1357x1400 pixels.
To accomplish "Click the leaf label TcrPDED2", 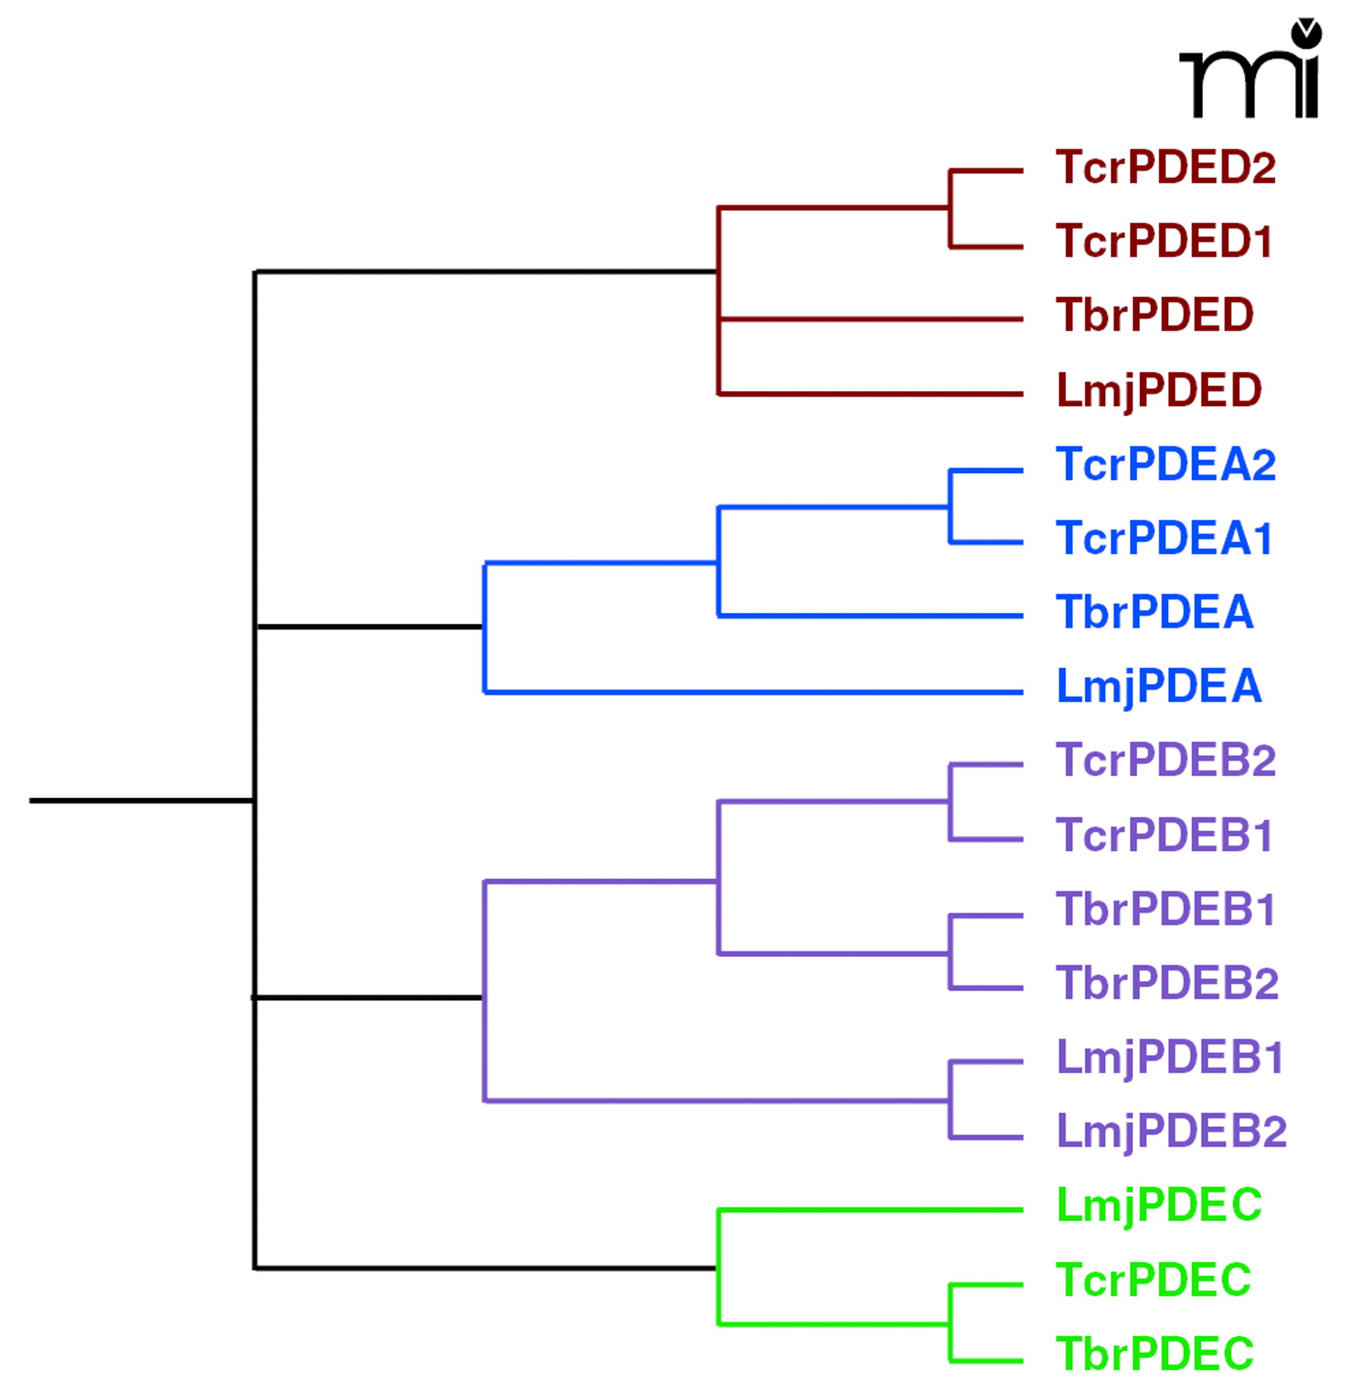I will tap(1165, 167).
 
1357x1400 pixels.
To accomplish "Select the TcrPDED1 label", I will tap(1163, 241).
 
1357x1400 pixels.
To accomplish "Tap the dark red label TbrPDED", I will tap(1154, 315).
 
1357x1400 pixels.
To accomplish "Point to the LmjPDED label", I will tap(1158, 390).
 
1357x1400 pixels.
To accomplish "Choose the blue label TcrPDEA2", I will tap(1165, 464).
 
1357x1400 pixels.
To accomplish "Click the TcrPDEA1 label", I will tap(1163, 538).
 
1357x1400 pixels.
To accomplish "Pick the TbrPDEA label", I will tap(1154, 612).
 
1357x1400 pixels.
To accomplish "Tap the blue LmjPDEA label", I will tap(1158, 687).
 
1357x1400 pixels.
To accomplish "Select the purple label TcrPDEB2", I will tap(1165, 760).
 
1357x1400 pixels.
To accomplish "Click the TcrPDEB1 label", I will tap(1163, 835).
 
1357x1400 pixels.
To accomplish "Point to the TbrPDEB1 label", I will tap(1165, 909).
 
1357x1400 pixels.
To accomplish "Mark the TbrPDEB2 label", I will tap(1166, 983).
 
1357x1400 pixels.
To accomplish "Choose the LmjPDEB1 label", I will tap(1169, 1058).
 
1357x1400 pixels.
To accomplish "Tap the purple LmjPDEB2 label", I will tap(1170, 1132).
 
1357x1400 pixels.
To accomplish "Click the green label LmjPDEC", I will tap(1158, 1206).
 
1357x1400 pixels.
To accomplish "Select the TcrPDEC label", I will tap(1152, 1280).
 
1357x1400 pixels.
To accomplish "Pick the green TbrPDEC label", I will tap(1154, 1354).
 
